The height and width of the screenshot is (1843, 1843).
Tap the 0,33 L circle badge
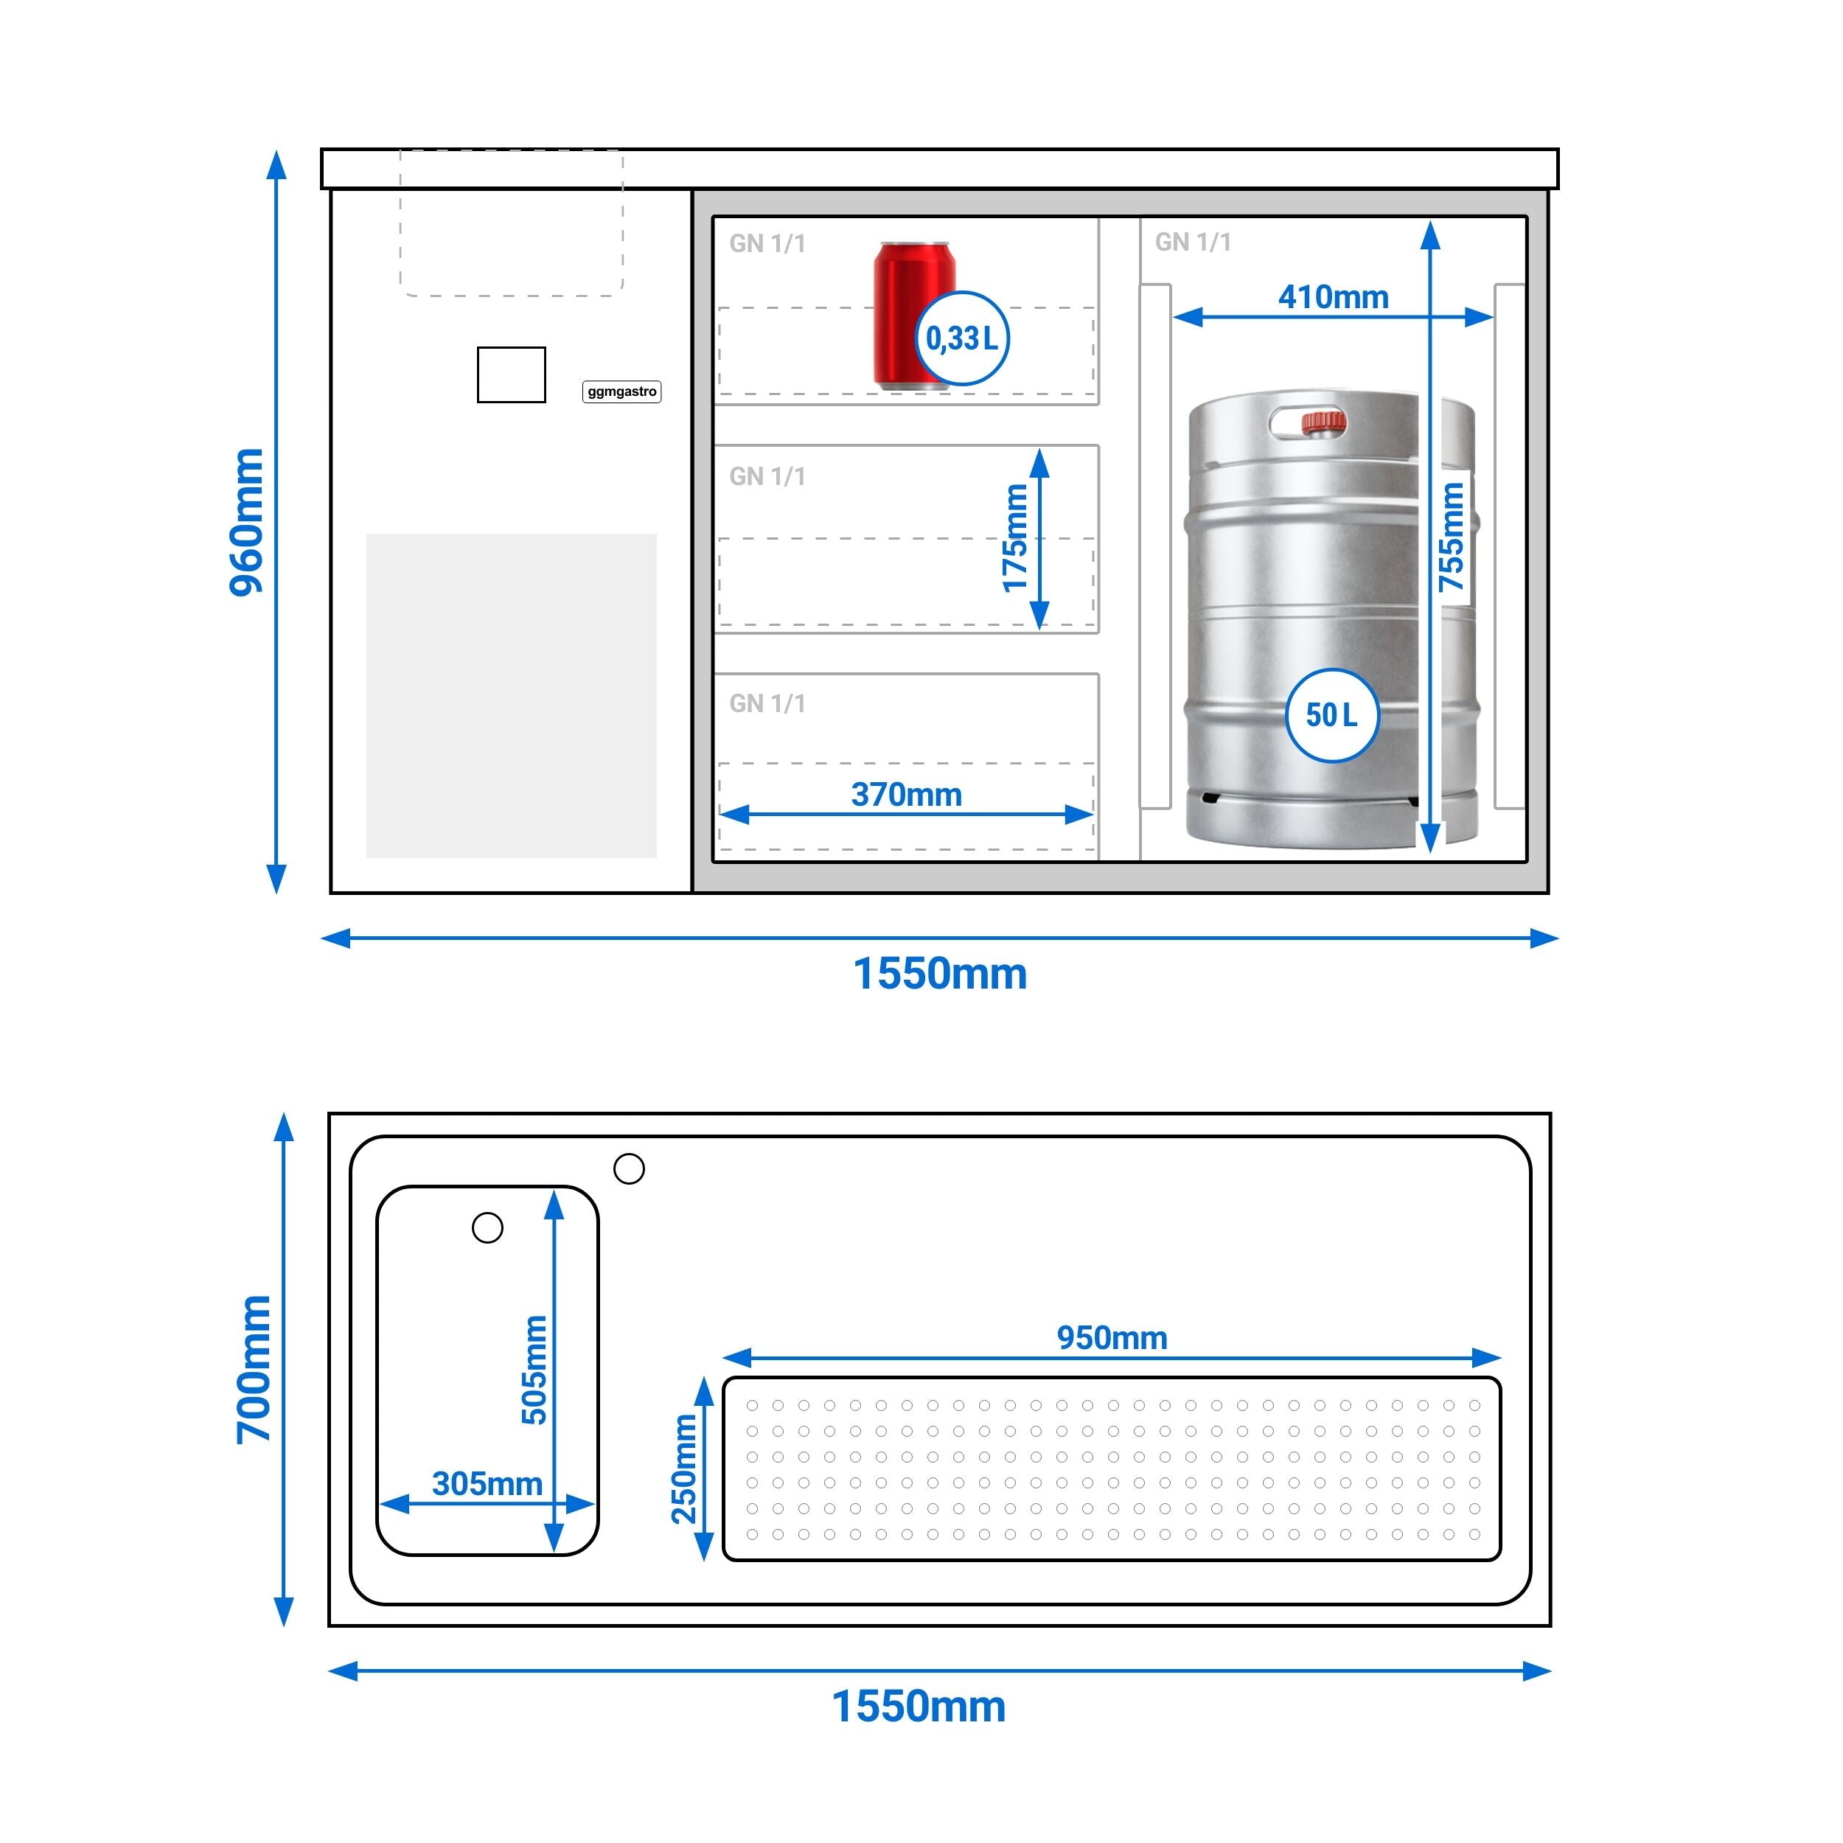(x=961, y=338)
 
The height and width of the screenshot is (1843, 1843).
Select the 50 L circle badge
(x=1331, y=714)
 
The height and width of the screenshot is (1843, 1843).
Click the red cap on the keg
(x=1324, y=422)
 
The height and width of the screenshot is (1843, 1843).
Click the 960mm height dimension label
(x=246, y=523)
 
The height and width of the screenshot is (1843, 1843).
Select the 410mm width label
(x=1334, y=296)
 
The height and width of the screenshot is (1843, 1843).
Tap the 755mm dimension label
(x=1451, y=536)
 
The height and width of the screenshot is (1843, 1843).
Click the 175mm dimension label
(x=1015, y=538)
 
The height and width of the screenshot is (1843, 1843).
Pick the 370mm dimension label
(x=906, y=795)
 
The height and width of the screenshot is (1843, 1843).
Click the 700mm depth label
(x=254, y=1370)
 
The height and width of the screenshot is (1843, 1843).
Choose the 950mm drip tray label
(x=1112, y=1337)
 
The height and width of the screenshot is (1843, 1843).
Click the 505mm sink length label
(x=534, y=1370)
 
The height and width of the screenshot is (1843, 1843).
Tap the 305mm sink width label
(x=487, y=1483)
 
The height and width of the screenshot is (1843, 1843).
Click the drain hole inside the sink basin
(x=487, y=1227)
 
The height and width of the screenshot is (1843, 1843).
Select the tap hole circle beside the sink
(x=629, y=1168)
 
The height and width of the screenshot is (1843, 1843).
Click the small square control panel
(x=512, y=375)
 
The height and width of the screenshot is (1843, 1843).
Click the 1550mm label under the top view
(x=919, y=1707)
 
